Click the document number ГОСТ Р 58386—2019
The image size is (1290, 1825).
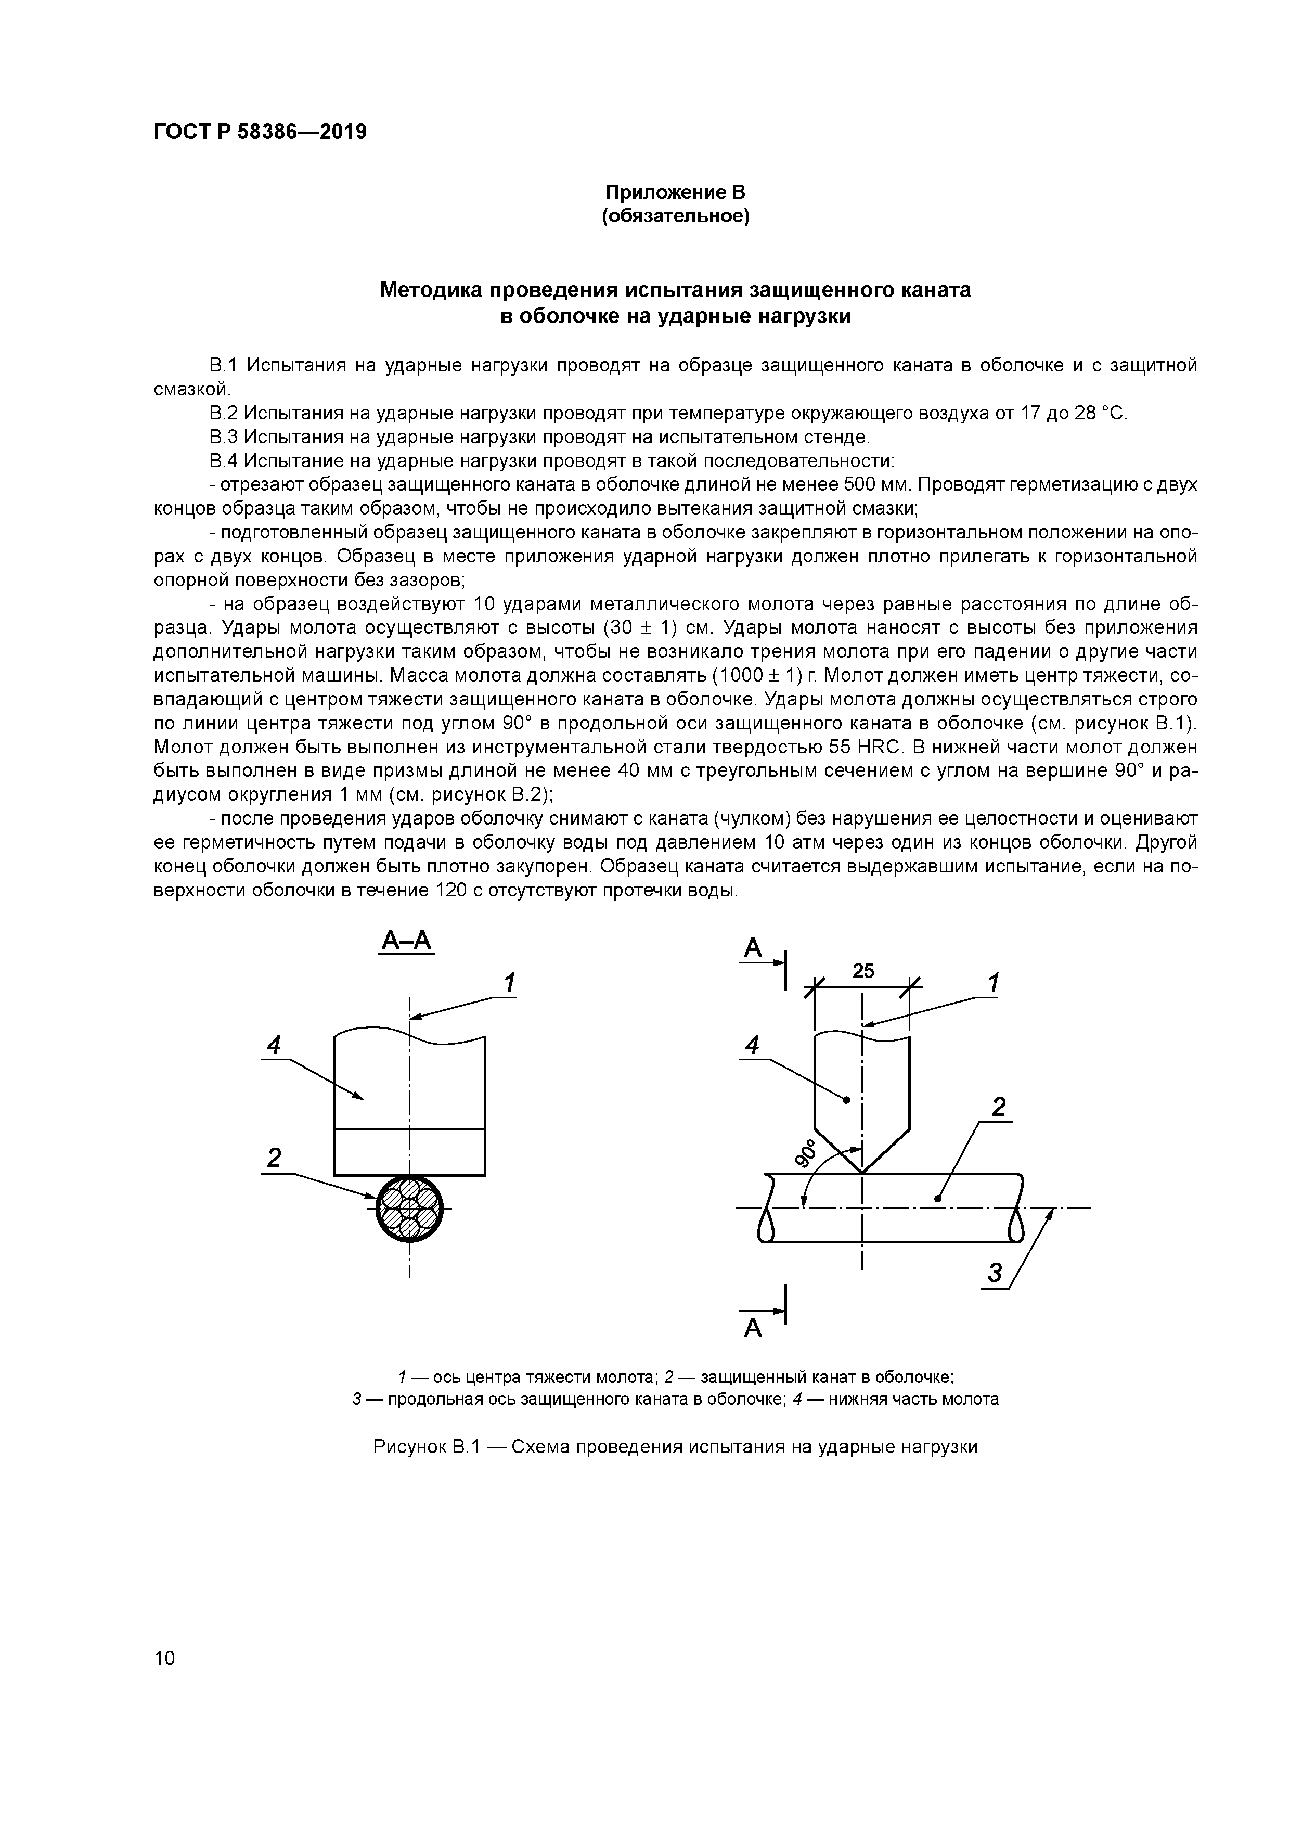click(x=260, y=132)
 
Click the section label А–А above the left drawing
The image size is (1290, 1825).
click(x=406, y=942)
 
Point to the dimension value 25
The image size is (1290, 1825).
click(x=863, y=971)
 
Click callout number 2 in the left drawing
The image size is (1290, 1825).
click(x=274, y=1158)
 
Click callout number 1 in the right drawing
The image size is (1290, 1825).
click(x=993, y=983)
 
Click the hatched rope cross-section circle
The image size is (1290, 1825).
click(x=409, y=1208)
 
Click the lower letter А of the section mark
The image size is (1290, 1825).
click(x=753, y=1328)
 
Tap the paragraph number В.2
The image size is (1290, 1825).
click(x=223, y=413)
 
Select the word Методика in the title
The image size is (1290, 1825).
click(x=432, y=290)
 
